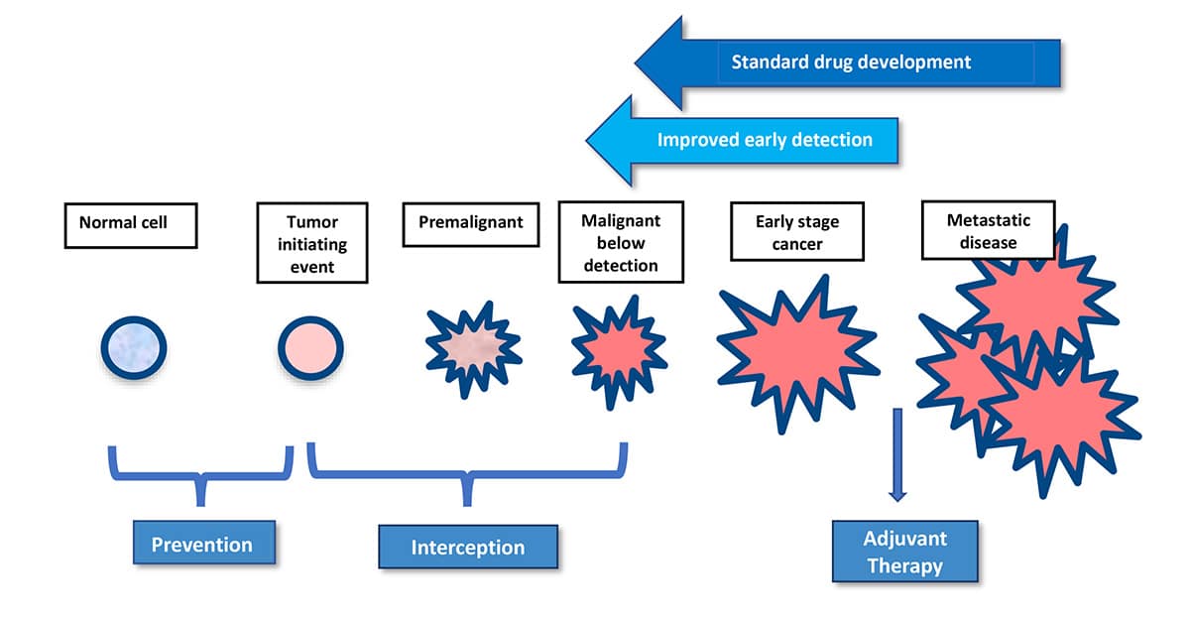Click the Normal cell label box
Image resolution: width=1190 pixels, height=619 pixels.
pyautogui.click(x=131, y=225)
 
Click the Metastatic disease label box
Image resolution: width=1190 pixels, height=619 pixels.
pyautogui.click(x=987, y=231)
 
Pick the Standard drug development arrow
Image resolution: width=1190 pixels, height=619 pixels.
pyautogui.click(x=848, y=62)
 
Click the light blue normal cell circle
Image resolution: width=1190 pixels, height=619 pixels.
pyautogui.click(x=133, y=348)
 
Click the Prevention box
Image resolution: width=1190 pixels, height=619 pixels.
pyautogui.click(x=201, y=544)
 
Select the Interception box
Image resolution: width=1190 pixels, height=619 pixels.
pyautogui.click(x=468, y=547)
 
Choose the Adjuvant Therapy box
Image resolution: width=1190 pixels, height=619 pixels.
pyautogui.click(x=904, y=552)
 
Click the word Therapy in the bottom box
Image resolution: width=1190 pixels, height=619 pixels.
pyautogui.click(x=904, y=565)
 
